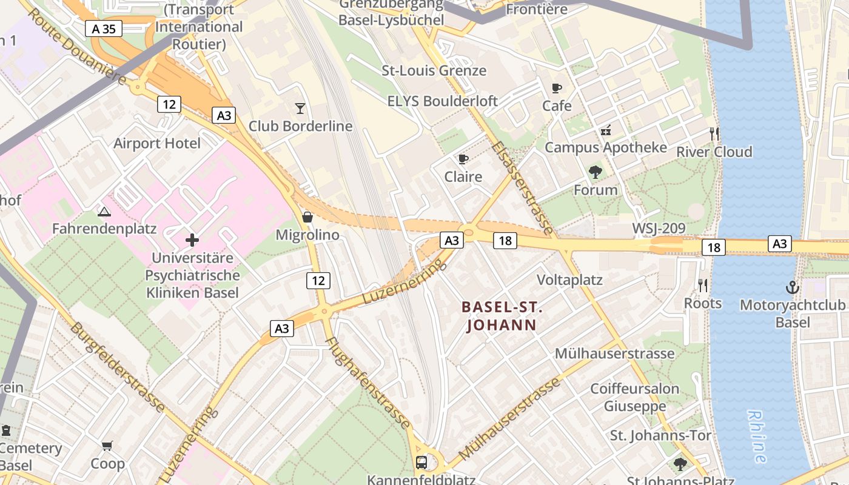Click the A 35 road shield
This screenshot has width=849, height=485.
click(x=104, y=28)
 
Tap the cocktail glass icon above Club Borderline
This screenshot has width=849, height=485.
click(x=300, y=109)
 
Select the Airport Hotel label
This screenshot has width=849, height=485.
click(x=157, y=144)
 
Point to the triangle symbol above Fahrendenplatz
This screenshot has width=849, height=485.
click(x=104, y=212)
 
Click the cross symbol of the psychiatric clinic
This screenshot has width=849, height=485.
click(x=192, y=240)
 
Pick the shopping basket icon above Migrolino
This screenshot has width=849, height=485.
click(x=307, y=217)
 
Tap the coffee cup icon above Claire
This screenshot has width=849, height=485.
click(x=463, y=159)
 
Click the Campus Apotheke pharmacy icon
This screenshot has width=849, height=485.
click(x=605, y=130)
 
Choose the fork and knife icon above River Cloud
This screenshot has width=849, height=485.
click(x=714, y=133)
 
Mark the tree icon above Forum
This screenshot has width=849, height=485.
click(x=596, y=172)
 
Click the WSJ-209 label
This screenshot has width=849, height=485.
click(x=659, y=229)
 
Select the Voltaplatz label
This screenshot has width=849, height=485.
click(x=570, y=279)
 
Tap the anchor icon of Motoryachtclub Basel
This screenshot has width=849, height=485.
click(x=792, y=287)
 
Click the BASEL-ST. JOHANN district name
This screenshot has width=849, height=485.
click(x=502, y=316)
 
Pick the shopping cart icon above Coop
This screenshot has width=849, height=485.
click(x=107, y=446)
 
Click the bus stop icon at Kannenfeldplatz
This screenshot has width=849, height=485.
click(x=421, y=463)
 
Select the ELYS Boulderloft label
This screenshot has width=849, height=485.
click(x=443, y=101)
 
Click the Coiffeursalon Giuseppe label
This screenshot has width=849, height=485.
click(x=635, y=397)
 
